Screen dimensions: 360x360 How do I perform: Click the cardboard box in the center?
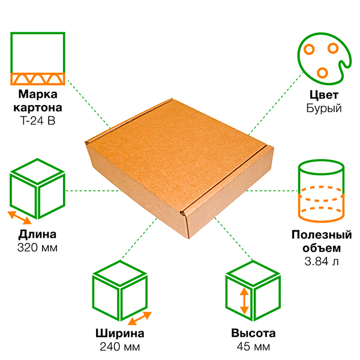point(179,167)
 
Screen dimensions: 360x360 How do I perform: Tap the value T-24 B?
point(38,121)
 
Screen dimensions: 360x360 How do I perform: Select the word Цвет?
point(324,95)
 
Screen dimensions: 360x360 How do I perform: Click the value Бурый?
point(324,109)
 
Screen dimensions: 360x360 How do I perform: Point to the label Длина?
point(37,235)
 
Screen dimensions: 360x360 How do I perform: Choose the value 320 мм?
point(37,248)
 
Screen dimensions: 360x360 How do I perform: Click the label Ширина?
point(120,334)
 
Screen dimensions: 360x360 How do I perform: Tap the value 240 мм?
point(120,347)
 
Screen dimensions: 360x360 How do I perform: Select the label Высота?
point(253,333)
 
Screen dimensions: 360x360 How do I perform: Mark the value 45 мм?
point(253,347)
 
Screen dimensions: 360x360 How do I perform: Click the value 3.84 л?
point(322,261)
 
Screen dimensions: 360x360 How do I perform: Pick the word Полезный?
point(322,235)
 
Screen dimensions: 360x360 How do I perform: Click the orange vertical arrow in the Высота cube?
point(244,301)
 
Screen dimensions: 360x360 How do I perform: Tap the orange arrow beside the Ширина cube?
point(140,319)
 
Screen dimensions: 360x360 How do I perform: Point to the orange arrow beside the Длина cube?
point(20,218)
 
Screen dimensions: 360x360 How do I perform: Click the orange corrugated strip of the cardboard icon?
point(38,79)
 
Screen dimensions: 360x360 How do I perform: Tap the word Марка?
point(38,94)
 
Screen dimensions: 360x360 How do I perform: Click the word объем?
point(322,248)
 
